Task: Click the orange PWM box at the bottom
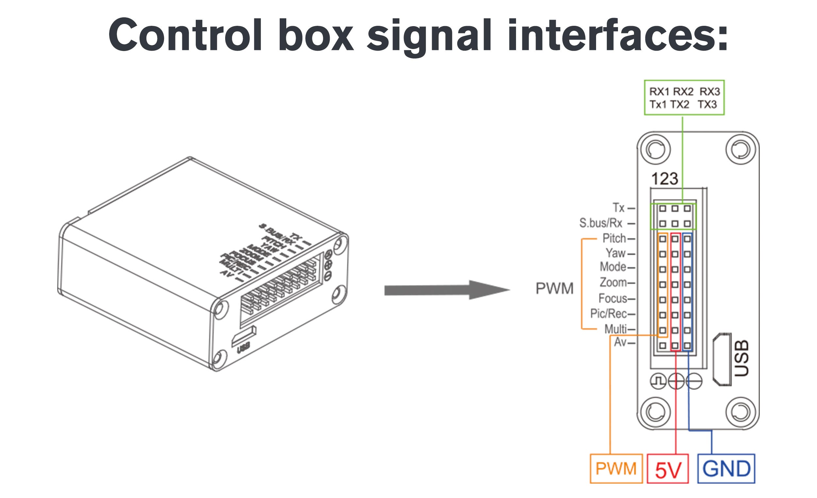click(x=616, y=469)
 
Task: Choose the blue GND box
click(x=726, y=469)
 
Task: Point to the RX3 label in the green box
click(x=709, y=91)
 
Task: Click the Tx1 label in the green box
click(x=658, y=105)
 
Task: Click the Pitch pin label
click(x=614, y=239)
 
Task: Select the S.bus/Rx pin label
click(x=601, y=223)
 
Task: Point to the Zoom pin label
click(x=613, y=282)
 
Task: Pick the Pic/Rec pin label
click(x=609, y=313)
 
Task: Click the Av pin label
click(x=620, y=342)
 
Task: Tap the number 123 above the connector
click(x=664, y=179)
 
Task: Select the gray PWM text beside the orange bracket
click(x=554, y=289)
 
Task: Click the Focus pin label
click(x=613, y=298)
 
